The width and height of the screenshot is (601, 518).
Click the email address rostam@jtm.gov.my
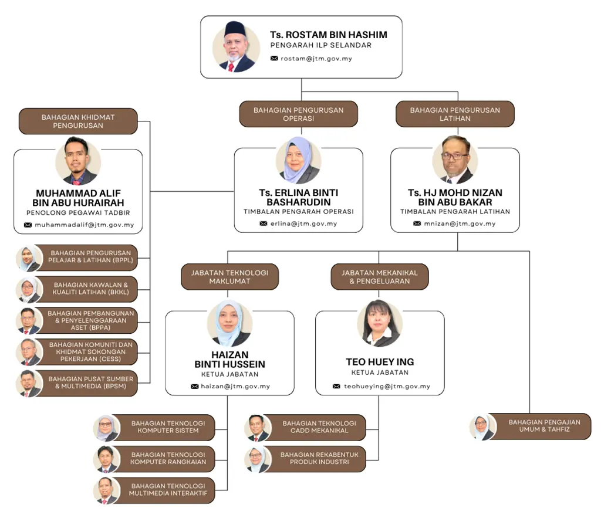point(316,59)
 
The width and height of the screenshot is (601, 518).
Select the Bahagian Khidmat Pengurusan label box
point(78,121)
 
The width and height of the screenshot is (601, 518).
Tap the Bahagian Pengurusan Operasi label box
point(298,114)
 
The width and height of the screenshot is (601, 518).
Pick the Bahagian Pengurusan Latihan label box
point(455,114)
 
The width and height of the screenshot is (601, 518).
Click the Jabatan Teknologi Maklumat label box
point(229,277)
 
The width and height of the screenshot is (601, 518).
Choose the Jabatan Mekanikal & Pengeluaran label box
point(380,277)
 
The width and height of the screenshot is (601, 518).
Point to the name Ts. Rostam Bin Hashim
point(328,35)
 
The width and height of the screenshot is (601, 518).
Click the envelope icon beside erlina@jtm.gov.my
point(264,224)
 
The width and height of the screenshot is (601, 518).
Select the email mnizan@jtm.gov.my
point(460,224)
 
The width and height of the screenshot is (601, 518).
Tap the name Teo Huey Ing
point(380,362)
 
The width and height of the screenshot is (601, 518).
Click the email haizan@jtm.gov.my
point(235,387)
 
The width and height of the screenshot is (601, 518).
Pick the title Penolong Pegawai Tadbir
point(78,212)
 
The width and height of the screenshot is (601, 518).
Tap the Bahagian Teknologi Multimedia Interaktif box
point(168,490)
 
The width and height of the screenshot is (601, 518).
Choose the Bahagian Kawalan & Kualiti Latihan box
point(89,289)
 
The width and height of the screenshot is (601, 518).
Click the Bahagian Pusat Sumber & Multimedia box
point(90,382)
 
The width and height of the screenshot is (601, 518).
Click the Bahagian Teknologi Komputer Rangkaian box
point(168,458)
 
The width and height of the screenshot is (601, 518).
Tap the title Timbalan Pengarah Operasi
point(298,212)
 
